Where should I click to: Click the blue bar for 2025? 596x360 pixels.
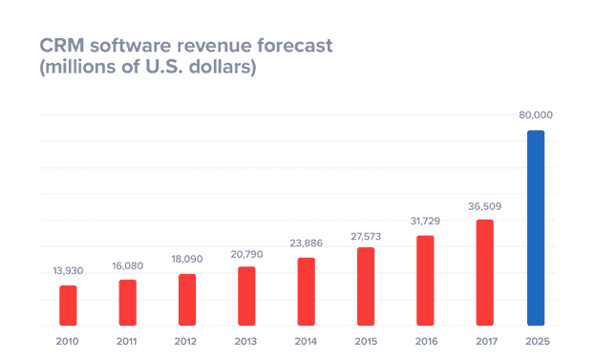click(x=536, y=227)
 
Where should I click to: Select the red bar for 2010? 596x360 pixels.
click(x=68, y=305)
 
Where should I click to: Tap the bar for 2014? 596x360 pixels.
click(x=307, y=290)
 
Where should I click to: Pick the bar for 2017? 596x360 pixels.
click(x=485, y=271)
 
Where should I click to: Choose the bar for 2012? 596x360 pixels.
click(x=187, y=299)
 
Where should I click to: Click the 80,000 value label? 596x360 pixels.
click(x=536, y=116)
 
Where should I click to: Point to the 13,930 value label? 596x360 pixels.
click(x=68, y=271)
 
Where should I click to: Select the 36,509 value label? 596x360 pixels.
click(x=485, y=205)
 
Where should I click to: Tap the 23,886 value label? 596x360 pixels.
click(x=307, y=244)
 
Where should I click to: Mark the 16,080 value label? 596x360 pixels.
click(x=127, y=265)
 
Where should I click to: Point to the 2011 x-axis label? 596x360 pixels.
click(x=127, y=341)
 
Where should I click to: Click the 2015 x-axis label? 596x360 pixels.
click(x=366, y=341)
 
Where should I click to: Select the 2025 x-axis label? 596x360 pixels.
click(x=536, y=341)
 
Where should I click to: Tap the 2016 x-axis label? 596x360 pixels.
click(x=426, y=341)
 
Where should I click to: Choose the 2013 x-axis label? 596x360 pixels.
click(x=246, y=341)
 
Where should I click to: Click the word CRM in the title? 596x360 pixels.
click(x=60, y=45)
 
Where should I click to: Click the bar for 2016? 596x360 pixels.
click(x=426, y=280)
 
